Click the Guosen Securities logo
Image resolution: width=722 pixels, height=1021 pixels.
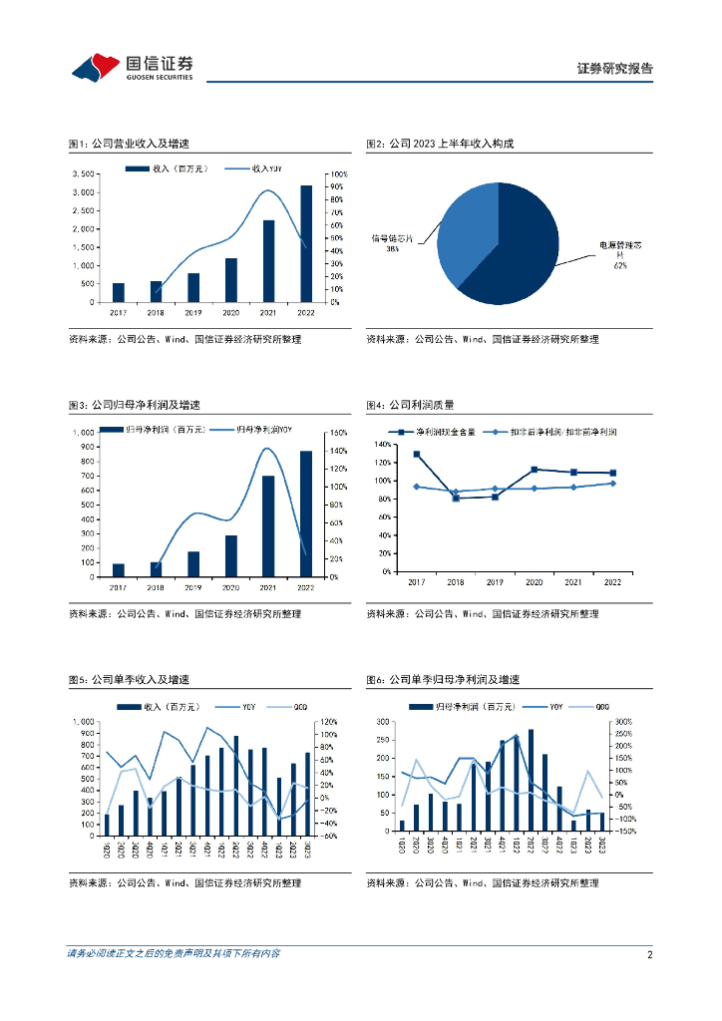(x=132, y=67)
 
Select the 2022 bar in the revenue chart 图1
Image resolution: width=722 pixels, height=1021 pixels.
(x=305, y=243)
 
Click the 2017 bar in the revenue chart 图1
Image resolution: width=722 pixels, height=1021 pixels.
(x=119, y=292)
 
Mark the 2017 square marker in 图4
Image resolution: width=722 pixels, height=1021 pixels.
(x=416, y=454)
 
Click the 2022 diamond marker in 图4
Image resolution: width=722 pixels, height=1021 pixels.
(x=612, y=483)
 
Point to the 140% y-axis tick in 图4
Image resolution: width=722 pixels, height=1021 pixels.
(x=383, y=444)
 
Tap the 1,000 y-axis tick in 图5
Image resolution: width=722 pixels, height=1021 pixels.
(x=83, y=721)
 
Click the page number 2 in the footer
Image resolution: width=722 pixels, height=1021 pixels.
(x=649, y=954)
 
